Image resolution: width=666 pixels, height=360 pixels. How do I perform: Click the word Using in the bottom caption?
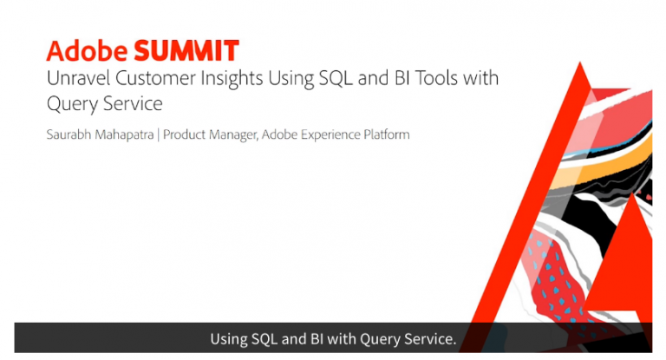[229, 338]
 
